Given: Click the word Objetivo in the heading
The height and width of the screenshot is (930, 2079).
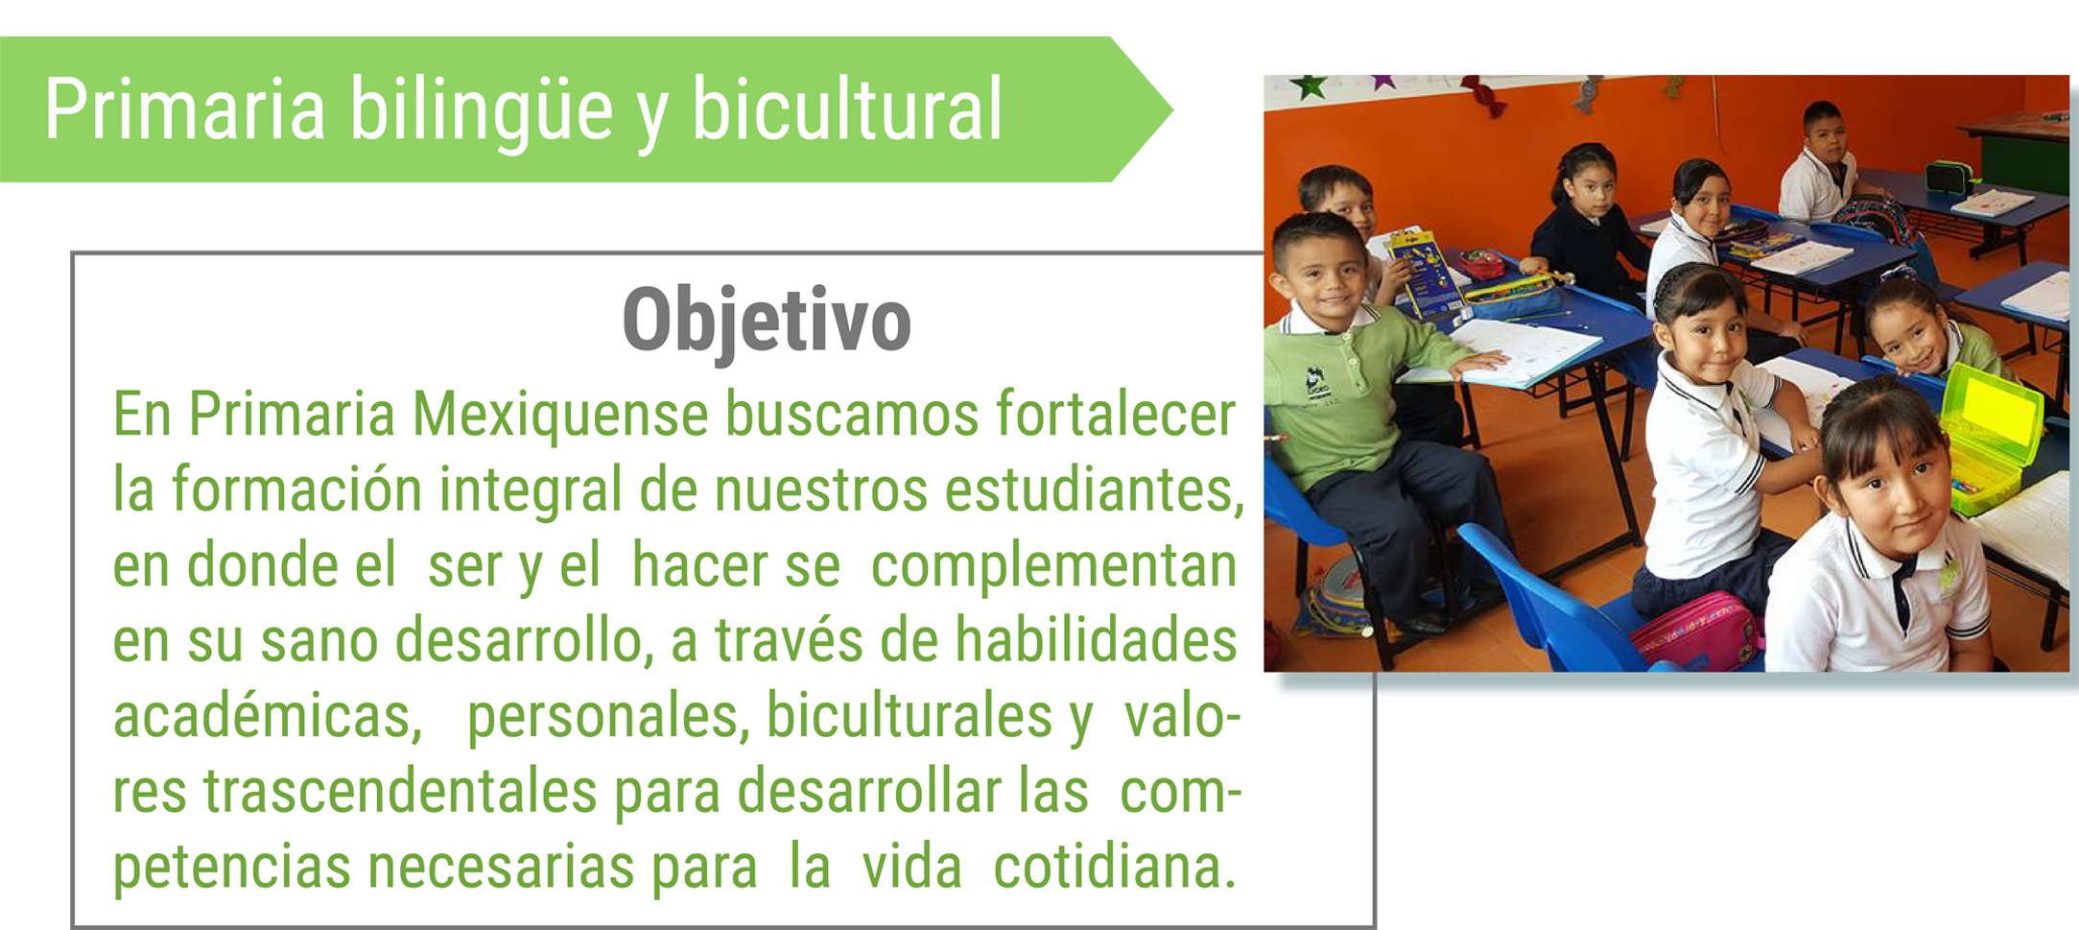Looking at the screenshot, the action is [767, 322].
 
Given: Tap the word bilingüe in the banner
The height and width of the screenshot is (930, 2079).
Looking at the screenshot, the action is [480, 111].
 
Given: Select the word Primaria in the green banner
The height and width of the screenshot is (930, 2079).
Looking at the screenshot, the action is [185, 109].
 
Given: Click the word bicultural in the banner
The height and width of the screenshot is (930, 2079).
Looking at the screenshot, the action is [847, 108].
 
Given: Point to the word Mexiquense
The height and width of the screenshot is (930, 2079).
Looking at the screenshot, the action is [560, 415].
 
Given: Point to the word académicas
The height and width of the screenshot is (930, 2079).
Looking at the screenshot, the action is [268, 716].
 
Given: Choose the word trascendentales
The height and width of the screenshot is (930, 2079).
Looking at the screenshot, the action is [400, 792].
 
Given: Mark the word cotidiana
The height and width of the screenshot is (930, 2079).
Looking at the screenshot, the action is [1114, 867].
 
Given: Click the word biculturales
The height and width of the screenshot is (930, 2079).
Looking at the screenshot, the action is [910, 716].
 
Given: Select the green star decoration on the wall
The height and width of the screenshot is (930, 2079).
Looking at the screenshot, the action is [1309, 87].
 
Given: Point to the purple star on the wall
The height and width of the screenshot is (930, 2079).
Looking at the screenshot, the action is [1383, 82].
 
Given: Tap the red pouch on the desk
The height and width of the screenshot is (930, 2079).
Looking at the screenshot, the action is [1483, 262].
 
